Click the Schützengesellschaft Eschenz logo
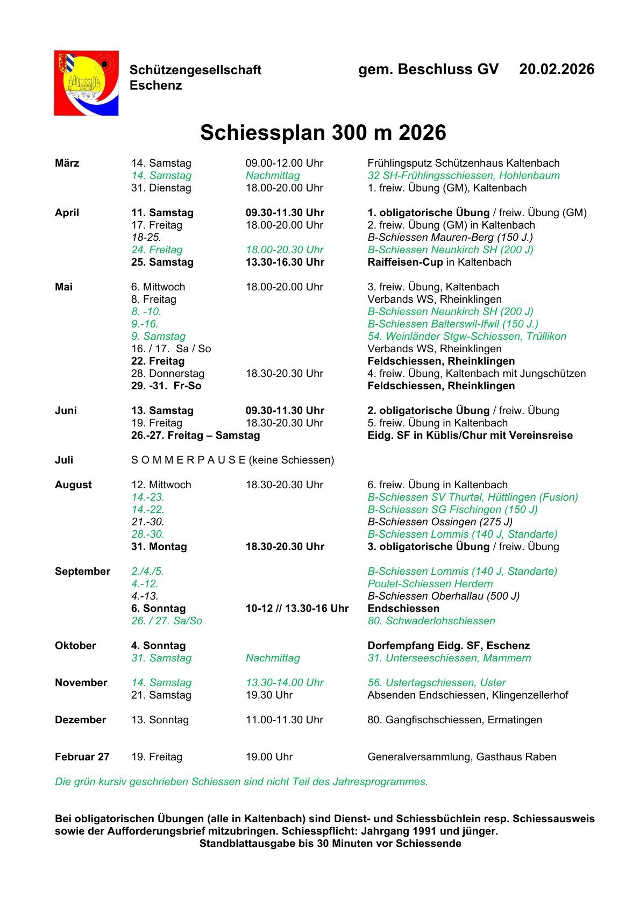point(86,83)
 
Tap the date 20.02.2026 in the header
point(557,69)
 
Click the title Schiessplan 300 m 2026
point(323,133)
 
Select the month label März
point(67,163)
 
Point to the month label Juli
point(64,460)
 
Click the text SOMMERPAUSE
point(188,460)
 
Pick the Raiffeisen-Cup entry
point(405,262)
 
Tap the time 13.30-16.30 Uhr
point(285,262)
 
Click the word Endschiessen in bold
point(403,608)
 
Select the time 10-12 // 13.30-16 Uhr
point(297,608)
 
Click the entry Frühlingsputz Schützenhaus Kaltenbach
point(463,163)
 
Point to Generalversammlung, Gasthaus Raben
point(461,757)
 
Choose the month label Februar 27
point(82,757)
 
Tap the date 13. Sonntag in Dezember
point(160,719)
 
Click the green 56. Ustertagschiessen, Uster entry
point(436,682)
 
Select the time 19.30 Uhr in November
point(269,695)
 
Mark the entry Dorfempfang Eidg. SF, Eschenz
point(449,645)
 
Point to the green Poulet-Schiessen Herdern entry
point(430,583)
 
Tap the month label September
point(82,571)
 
